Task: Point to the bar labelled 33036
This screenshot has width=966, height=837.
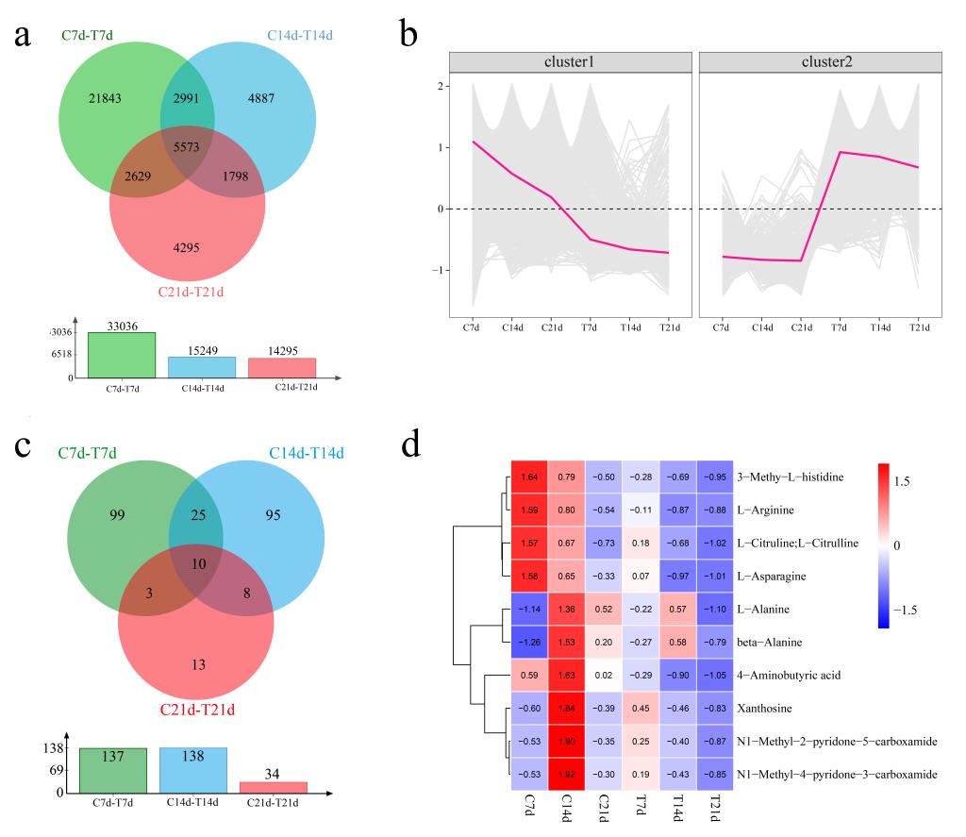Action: click(122, 355)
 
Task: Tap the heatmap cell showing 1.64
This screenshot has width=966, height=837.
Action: click(529, 477)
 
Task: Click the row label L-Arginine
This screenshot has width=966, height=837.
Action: click(765, 511)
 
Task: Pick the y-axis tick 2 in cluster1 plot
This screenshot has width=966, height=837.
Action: click(440, 86)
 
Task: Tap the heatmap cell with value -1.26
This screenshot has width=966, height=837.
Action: click(529, 643)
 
